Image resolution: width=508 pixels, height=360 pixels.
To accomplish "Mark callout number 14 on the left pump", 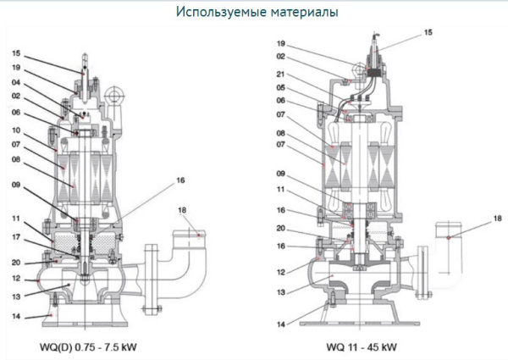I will tap(17, 316).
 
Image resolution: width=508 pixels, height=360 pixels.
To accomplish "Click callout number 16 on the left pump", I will tap(180, 180).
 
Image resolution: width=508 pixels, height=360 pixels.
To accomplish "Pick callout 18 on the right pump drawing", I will tap(495, 219).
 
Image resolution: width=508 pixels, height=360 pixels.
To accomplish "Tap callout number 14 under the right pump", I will tap(280, 323).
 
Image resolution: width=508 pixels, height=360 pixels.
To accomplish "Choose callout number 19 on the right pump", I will tap(280, 42).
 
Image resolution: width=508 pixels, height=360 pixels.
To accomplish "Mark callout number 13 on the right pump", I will tap(280, 290).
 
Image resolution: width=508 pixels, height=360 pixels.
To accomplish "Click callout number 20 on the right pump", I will tap(280, 229).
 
